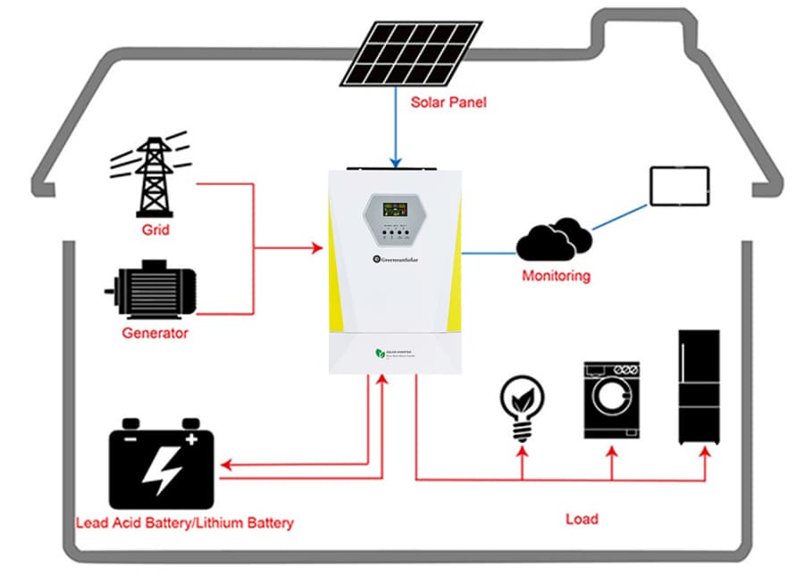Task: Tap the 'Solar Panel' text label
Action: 448,102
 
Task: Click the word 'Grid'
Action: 155,230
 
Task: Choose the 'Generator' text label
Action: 155,333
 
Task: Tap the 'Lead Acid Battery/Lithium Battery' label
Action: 185,522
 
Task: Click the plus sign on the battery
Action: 190,438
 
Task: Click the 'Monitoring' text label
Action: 556,276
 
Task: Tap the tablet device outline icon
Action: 679,186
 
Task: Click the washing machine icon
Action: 612,399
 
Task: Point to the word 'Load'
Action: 582,518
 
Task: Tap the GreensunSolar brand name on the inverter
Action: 399,259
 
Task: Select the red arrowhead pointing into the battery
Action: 228,465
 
